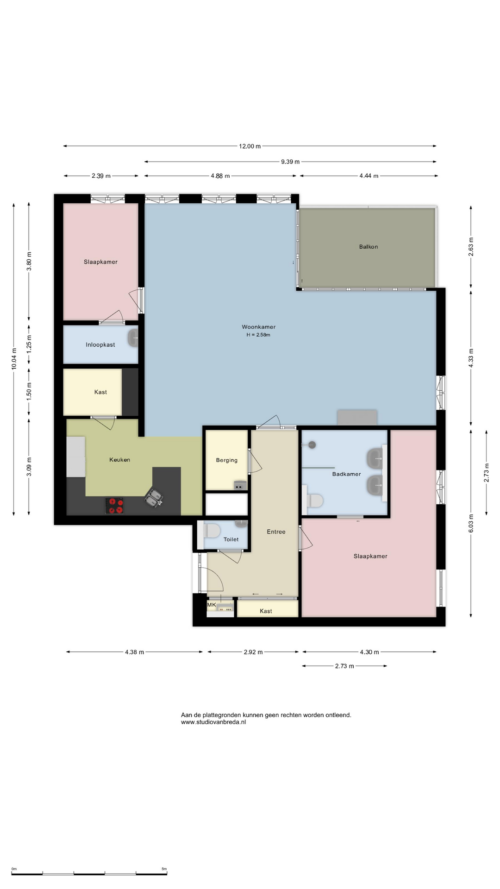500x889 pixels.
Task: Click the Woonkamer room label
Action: coord(258,327)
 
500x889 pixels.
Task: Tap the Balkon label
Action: coord(369,247)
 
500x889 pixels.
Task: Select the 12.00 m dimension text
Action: coord(250,146)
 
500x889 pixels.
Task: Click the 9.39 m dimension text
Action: coord(290,162)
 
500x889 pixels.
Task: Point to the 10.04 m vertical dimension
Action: coord(14,359)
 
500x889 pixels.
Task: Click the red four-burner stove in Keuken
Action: coord(115,506)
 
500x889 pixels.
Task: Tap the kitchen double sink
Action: coord(154,498)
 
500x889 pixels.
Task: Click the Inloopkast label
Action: coord(100,345)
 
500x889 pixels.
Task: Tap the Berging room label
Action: coord(227,460)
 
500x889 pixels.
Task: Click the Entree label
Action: coord(276,532)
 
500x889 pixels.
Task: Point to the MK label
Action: coord(212,605)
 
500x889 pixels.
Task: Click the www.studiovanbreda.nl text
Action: coord(213,722)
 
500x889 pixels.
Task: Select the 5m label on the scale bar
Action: coord(164,869)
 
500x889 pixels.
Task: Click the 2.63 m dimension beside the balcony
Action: coord(471,247)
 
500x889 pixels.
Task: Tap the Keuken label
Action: coord(120,460)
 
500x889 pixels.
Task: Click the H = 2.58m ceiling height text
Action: coord(258,335)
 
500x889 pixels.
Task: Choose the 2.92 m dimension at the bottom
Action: coord(253,652)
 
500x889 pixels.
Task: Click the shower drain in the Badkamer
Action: coord(312,445)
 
